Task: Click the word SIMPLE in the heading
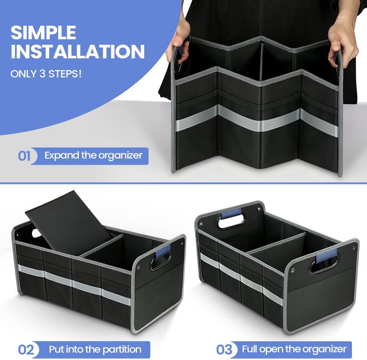(x=43, y=33)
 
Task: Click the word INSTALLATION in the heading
(x=77, y=52)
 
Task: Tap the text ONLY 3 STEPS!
(x=46, y=73)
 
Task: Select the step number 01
(x=24, y=156)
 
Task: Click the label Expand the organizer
(x=93, y=155)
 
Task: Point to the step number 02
(x=26, y=349)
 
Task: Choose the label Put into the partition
(x=95, y=349)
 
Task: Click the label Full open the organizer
(x=294, y=349)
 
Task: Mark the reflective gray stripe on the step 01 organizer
(x=257, y=121)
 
